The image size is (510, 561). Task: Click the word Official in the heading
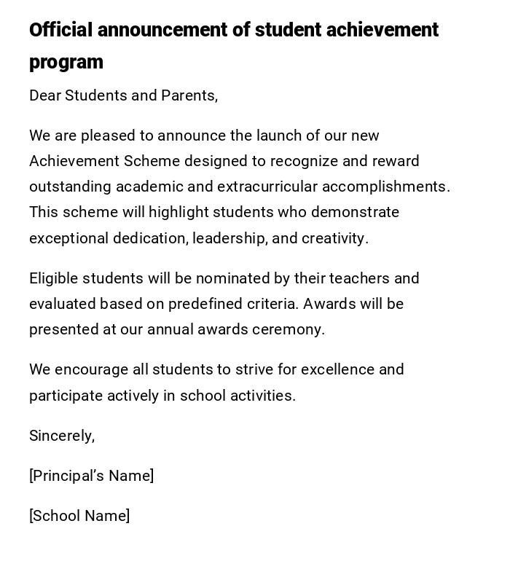(61, 30)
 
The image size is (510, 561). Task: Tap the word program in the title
(66, 63)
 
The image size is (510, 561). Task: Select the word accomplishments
(385, 187)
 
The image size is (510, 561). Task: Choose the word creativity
(335, 238)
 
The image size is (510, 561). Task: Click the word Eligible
(53, 278)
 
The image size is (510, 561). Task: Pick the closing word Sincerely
(62, 436)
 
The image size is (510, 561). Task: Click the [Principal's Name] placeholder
(92, 476)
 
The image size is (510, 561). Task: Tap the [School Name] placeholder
(79, 516)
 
